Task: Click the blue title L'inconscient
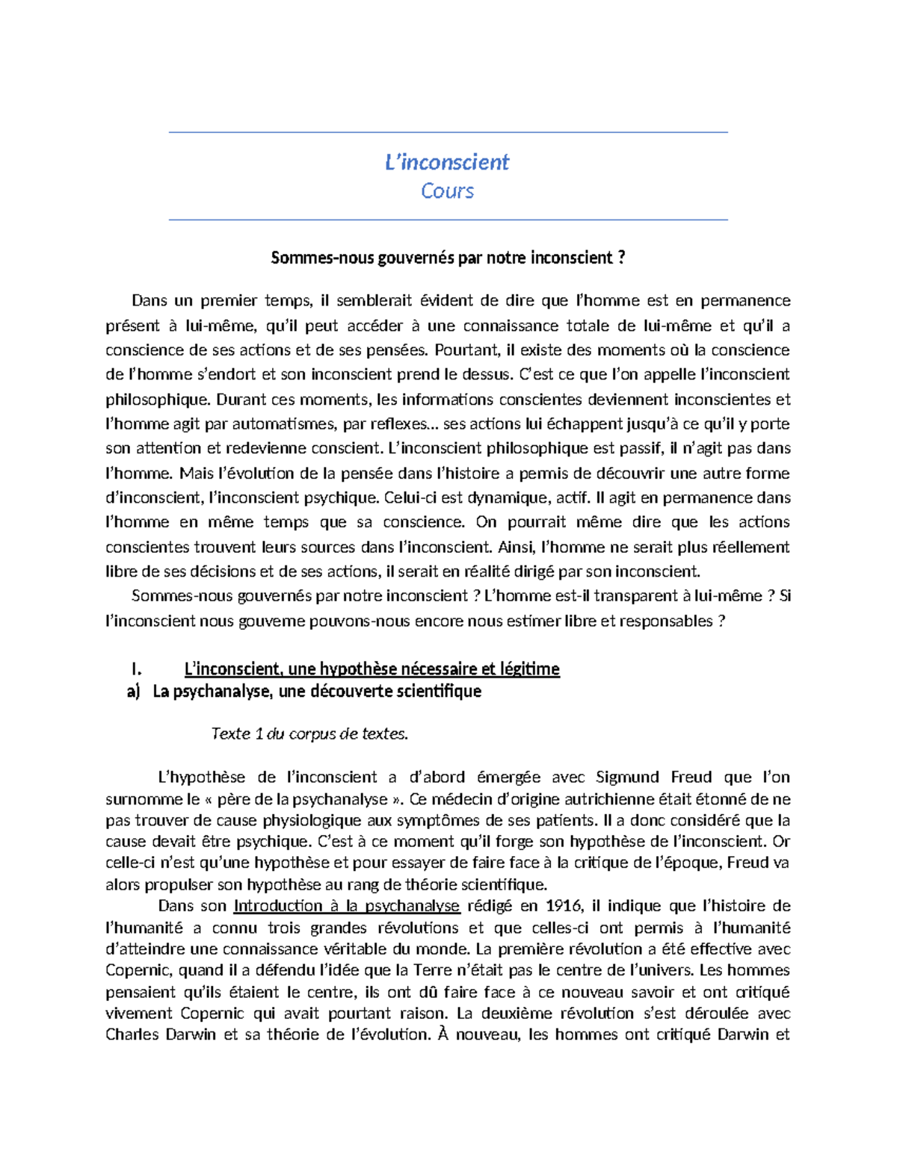(x=447, y=162)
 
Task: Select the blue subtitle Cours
(x=447, y=191)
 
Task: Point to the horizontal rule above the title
(x=448, y=132)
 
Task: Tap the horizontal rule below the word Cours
(x=448, y=220)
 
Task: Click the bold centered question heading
(x=448, y=258)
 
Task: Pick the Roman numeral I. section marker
(x=135, y=669)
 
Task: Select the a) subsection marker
(x=134, y=692)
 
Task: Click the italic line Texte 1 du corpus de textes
(x=310, y=733)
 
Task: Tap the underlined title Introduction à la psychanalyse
(x=346, y=906)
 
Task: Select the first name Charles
(x=132, y=1035)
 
